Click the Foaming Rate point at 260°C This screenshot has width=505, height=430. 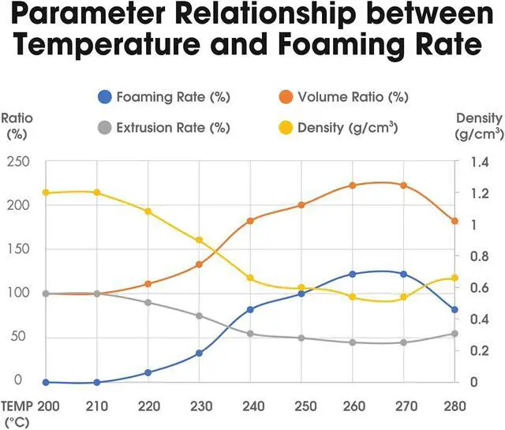353,274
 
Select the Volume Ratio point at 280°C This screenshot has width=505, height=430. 454,221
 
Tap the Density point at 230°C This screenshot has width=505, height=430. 199,240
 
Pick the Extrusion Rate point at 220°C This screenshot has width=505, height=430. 148,302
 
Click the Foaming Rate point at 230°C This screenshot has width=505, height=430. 199,353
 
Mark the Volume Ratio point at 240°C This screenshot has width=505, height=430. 250,221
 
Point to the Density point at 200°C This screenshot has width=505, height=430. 46,193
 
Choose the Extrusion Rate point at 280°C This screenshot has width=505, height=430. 454,334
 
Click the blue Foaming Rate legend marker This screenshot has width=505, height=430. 104,99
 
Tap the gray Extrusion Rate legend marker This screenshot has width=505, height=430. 104,127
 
